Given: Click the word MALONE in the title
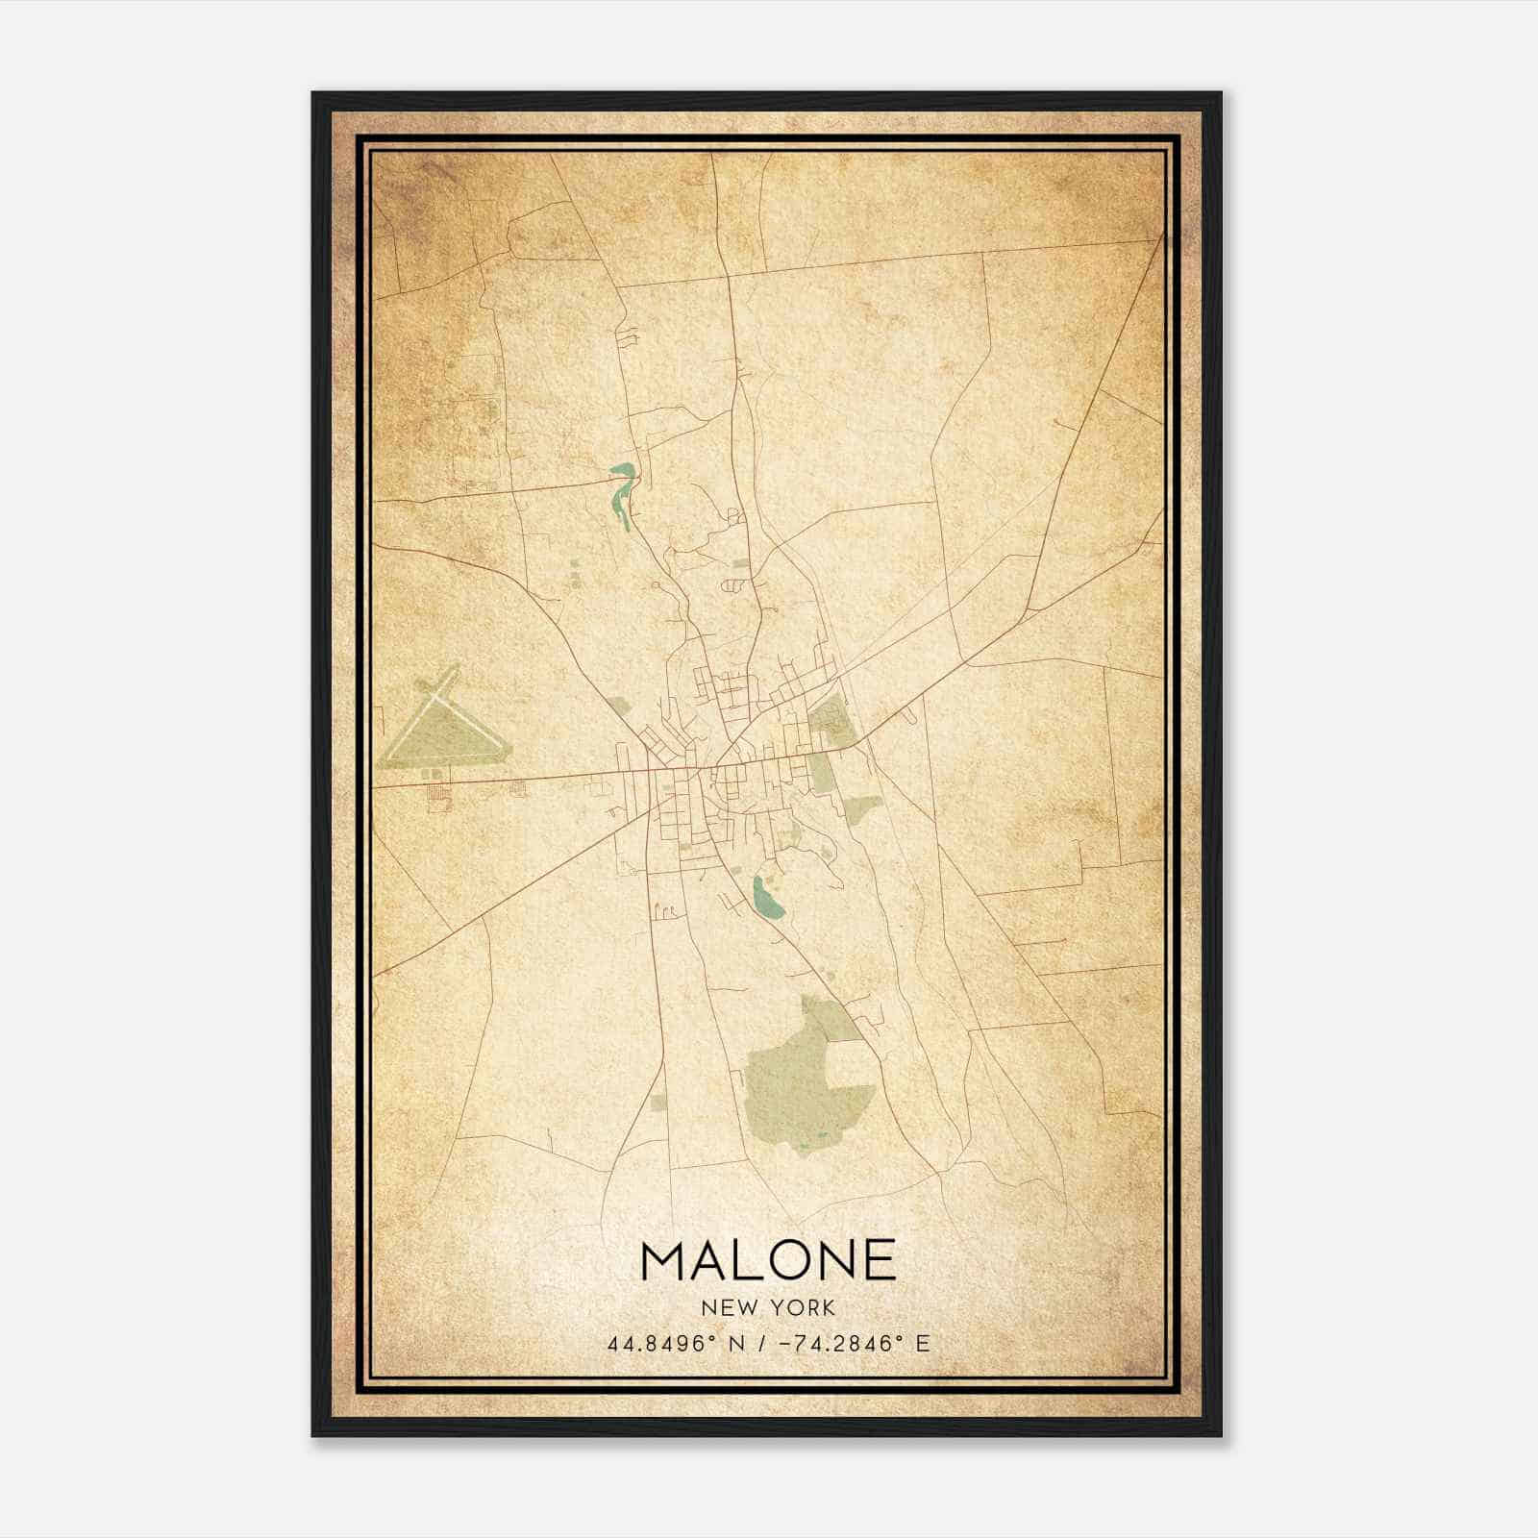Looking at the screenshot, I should [x=768, y=1260].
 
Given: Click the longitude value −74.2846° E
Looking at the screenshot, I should [x=856, y=1344].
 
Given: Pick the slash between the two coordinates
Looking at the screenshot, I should [x=760, y=1344].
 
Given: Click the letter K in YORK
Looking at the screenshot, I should [x=829, y=1308].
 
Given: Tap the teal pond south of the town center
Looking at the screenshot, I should [x=766, y=897].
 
